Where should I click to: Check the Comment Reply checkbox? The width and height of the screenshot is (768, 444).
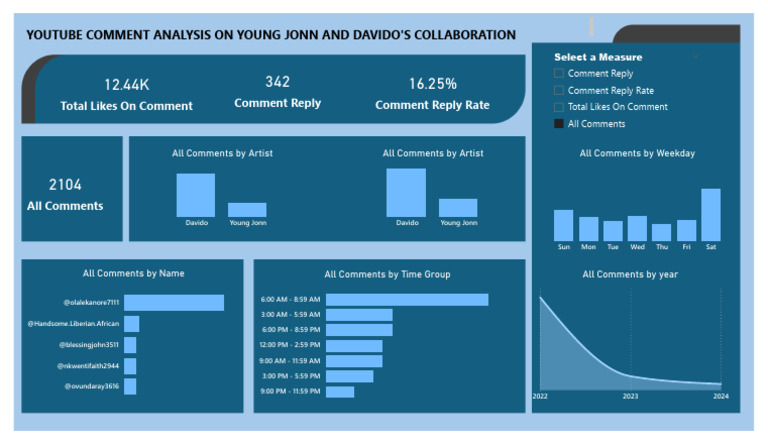click(559, 74)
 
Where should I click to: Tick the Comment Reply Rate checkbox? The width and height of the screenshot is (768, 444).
click(559, 91)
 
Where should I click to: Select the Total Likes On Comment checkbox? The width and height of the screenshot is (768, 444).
click(559, 107)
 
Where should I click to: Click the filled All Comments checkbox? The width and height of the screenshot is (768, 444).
click(559, 124)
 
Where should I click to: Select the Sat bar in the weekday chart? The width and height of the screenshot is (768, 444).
click(710, 215)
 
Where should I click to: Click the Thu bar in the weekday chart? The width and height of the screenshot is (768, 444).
click(661, 232)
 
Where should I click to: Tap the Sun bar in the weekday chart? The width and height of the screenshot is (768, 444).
click(564, 225)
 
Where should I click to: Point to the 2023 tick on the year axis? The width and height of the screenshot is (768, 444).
click(631, 397)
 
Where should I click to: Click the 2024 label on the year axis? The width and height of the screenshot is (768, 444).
click(721, 397)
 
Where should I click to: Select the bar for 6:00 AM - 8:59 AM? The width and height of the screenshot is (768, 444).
click(407, 299)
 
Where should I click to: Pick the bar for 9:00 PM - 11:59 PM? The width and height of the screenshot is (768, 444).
click(340, 392)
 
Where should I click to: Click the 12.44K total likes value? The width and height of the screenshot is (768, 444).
click(126, 85)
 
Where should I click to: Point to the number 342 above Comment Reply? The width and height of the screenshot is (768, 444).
click(277, 82)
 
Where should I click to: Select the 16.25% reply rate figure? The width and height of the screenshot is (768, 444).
click(432, 84)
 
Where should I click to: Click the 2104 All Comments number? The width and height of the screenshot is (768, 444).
click(65, 185)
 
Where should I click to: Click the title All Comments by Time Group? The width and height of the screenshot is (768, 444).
click(387, 274)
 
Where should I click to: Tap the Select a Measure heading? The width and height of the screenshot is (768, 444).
click(598, 57)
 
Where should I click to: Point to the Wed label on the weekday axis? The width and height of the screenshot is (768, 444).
click(637, 247)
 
